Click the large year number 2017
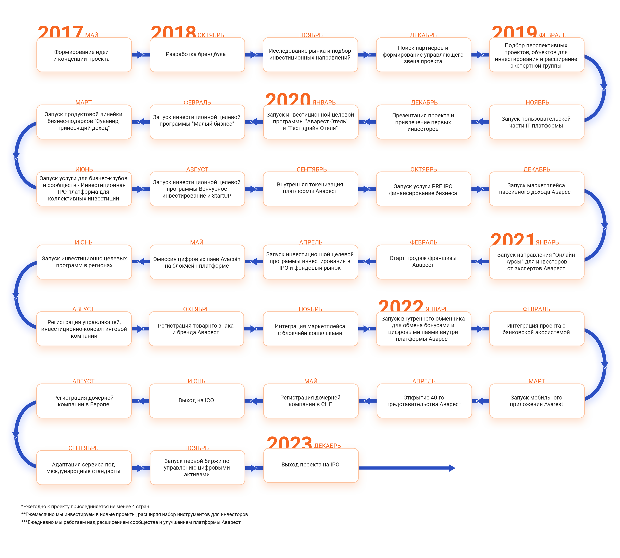click(60, 32)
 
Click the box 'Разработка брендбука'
click(197, 55)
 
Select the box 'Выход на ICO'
click(197, 401)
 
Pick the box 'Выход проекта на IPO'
click(311, 465)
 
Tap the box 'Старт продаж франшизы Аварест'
click(423, 262)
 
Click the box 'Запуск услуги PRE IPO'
click(423, 189)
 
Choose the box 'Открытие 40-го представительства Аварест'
click(424, 401)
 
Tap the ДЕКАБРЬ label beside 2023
click(328, 446)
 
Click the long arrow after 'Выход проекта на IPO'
click(407, 468)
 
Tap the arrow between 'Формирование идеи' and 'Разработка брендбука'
click(141, 55)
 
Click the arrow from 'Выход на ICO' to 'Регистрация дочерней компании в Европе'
click(141, 401)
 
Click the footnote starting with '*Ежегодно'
click(85, 507)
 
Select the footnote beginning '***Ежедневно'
click(131, 522)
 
